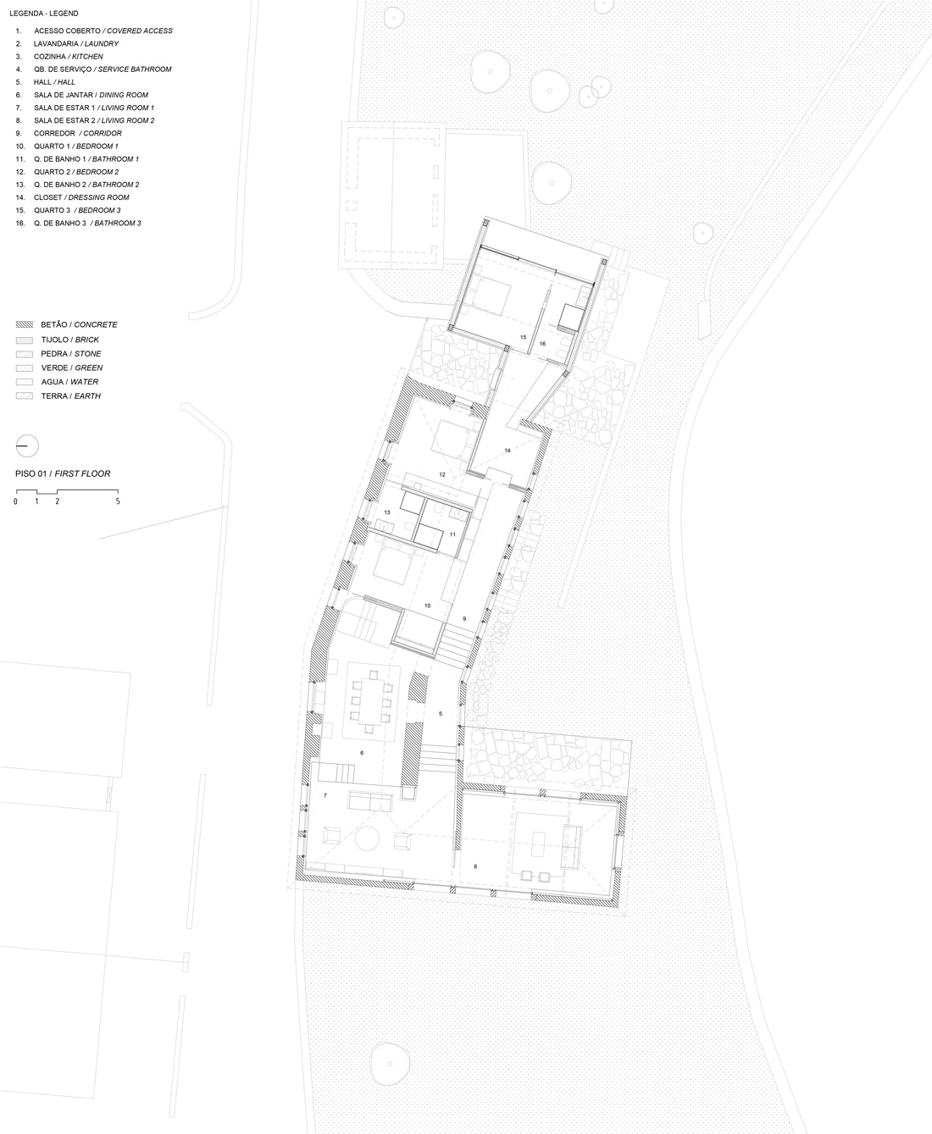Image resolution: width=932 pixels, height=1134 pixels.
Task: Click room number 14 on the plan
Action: pos(508,451)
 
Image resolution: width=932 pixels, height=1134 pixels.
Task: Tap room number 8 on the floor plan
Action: pos(475,866)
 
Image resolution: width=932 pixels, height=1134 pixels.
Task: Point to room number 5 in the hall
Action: pos(441,714)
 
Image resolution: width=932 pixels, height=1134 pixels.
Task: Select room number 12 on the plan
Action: pos(442,474)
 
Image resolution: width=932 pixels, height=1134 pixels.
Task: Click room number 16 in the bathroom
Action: pos(542,344)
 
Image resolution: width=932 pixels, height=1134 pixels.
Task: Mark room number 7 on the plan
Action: pos(325,795)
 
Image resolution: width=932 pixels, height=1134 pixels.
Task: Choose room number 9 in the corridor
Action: pos(464,618)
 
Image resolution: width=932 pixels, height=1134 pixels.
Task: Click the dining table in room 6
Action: pos(370,701)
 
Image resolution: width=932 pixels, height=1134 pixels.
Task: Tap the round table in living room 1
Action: pos(368,838)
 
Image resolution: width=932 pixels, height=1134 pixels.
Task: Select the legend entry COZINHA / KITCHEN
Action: pos(69,57)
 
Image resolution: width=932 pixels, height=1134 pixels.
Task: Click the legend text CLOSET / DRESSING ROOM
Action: pos(81,197)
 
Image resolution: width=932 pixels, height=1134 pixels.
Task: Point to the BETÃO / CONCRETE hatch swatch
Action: pos(25,324)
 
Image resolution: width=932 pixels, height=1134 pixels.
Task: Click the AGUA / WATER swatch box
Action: pos(25,382)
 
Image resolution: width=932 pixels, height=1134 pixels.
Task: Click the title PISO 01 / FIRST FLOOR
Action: pos(63,473)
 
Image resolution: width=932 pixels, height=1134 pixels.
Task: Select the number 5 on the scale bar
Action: pos(118,501)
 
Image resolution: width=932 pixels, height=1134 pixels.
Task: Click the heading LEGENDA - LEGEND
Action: pos(43,14)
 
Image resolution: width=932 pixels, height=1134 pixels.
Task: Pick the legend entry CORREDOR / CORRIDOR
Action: pos(77,133)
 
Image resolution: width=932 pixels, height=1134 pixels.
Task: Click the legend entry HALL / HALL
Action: pos(54,82)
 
